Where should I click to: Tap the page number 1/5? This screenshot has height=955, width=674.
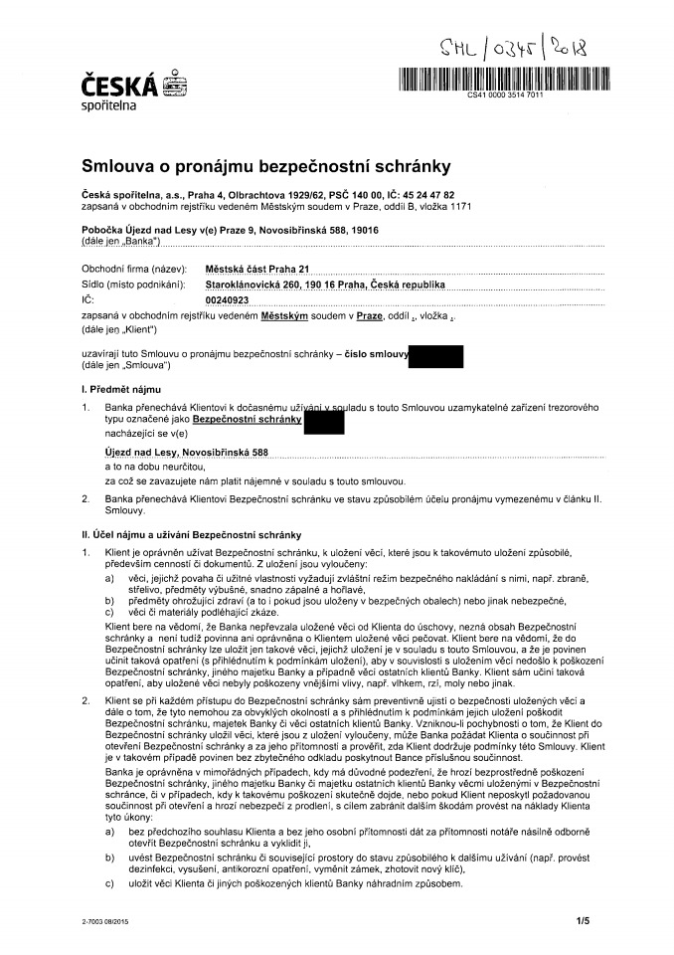point(582,922)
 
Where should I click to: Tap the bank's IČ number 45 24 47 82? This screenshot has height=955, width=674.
point(424,195)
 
